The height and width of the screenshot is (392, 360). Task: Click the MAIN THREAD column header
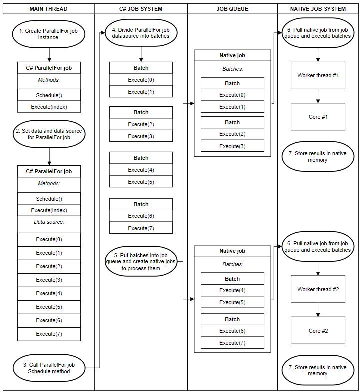49,9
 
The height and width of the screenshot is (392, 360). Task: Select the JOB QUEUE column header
232,9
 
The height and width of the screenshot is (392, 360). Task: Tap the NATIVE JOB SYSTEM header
318,9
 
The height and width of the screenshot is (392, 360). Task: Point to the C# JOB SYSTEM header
141,9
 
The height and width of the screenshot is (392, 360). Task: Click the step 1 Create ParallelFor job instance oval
49,34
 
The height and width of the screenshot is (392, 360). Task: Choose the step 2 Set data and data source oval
49,134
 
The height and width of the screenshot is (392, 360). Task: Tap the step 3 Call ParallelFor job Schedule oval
49,368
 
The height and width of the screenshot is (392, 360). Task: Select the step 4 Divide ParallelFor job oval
141,33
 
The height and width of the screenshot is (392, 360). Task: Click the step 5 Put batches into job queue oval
141,262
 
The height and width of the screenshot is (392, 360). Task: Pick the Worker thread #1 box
318,75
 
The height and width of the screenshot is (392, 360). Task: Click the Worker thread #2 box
318,289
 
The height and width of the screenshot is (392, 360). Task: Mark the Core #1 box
318,117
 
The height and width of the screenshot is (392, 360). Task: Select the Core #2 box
318,331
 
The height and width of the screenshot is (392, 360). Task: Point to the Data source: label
49,222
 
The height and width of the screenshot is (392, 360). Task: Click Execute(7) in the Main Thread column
49,334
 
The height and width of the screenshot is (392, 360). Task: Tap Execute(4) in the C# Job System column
141,170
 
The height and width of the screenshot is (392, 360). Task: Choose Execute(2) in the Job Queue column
232,134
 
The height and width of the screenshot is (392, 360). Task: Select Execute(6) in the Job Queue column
232,331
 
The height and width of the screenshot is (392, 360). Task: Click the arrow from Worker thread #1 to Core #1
318,96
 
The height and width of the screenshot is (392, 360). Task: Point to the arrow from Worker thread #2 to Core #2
318,310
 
